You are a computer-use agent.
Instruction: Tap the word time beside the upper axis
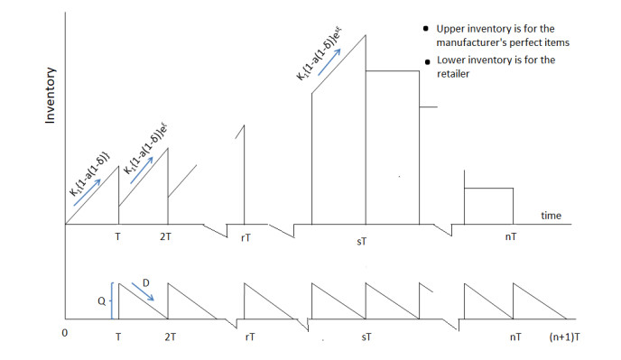[x=551, y=216]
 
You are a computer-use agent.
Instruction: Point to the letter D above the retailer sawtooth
[x=147, y=282]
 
